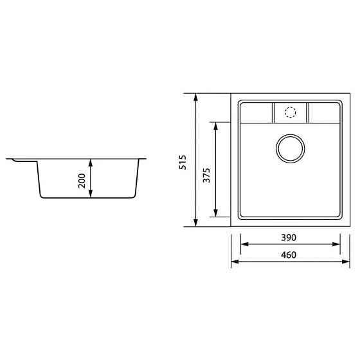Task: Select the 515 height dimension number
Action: click(183, 161)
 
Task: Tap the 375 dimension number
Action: click(206, 175)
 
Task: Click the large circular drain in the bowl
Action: click(290, 148)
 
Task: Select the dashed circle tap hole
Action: click(290, 113)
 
